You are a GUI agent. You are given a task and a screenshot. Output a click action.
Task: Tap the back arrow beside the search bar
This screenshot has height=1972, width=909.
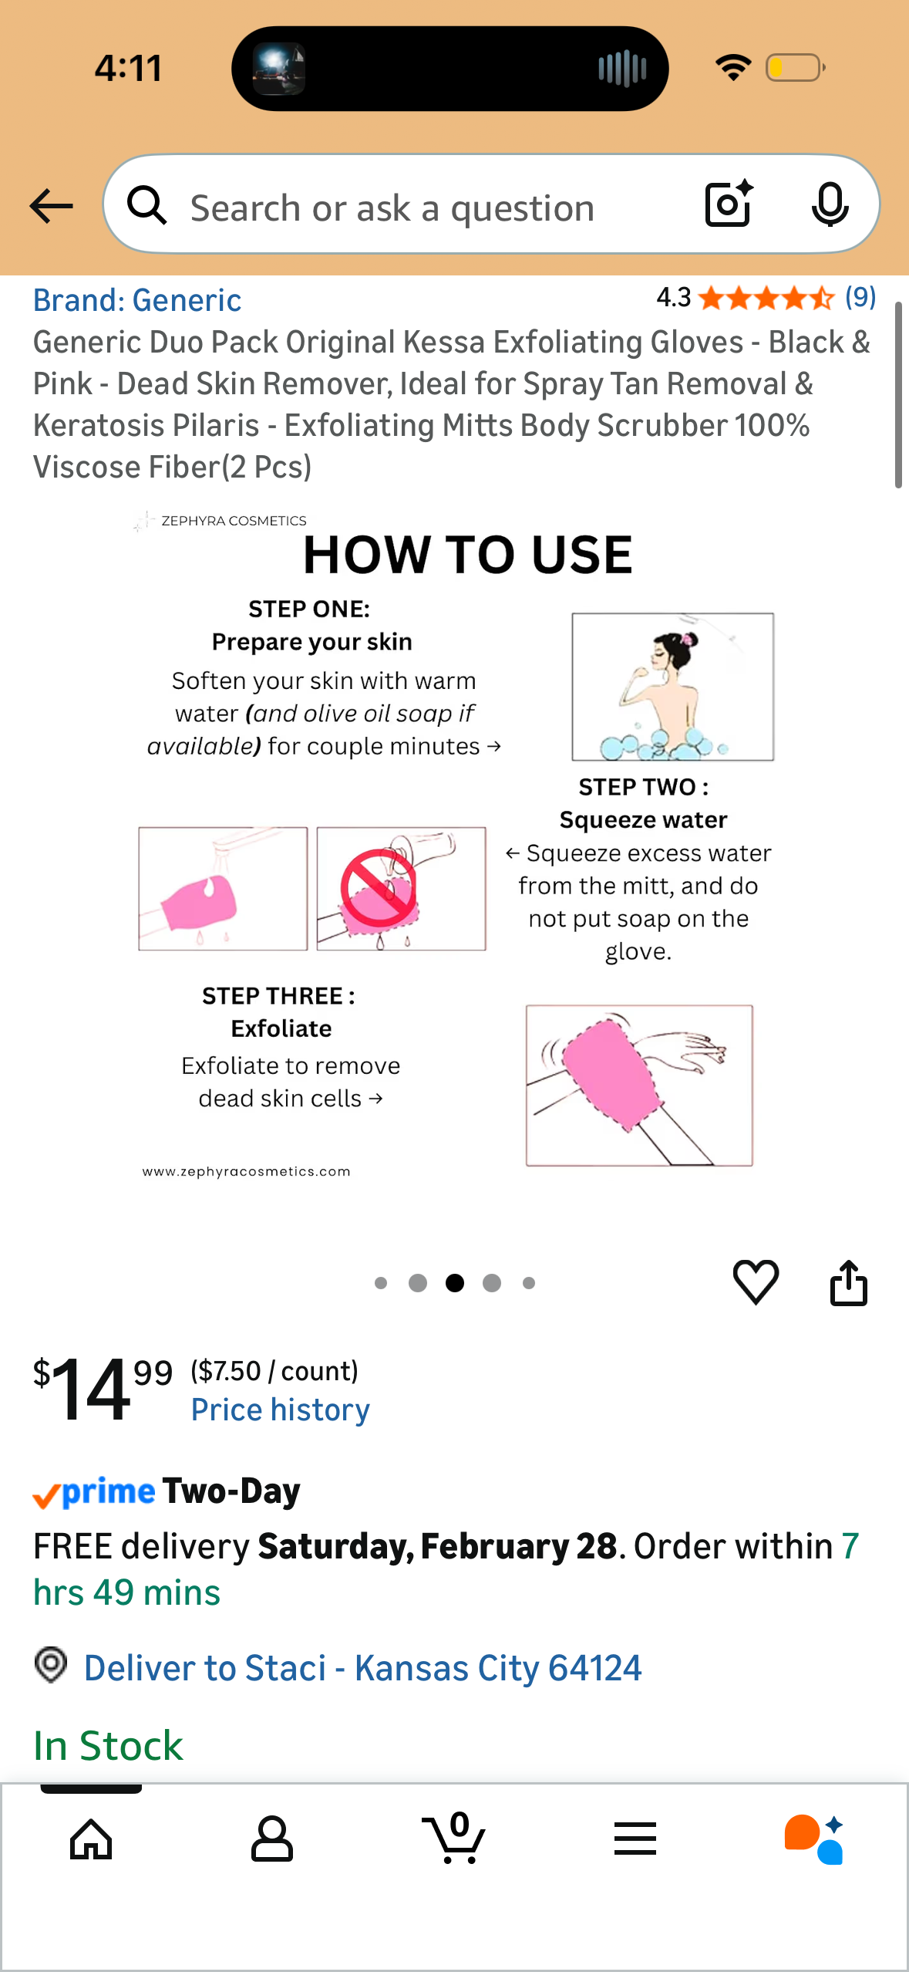(51, 206)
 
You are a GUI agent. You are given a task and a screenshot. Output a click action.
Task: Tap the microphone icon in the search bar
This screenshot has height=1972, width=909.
(830, 205)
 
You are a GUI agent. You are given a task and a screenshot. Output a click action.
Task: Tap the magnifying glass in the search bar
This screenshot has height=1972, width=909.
(146, 205)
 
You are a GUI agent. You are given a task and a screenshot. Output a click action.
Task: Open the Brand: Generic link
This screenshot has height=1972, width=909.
(137, 300)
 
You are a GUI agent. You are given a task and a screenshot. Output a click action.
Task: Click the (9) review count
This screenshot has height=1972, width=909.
(860, 297)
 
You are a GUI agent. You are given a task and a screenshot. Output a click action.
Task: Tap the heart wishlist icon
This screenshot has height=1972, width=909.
(756, 1282)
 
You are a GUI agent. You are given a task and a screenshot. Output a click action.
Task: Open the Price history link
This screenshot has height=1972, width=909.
(280, 1410)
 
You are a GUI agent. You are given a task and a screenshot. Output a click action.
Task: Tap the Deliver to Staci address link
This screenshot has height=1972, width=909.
(362, 1667)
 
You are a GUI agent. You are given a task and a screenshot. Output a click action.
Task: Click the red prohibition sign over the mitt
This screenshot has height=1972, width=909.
(379, 888)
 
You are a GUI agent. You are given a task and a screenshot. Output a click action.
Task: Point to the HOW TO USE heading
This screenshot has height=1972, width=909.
(468, 555)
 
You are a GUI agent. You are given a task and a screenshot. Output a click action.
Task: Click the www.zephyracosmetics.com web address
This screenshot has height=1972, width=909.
(247, 1171)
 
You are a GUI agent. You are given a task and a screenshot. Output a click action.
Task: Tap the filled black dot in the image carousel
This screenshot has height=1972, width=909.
(455, 1283)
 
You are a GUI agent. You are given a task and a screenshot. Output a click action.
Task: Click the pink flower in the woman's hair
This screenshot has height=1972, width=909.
(687, 639)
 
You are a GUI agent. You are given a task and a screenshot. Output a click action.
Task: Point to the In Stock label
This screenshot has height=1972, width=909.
(108, 1745)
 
